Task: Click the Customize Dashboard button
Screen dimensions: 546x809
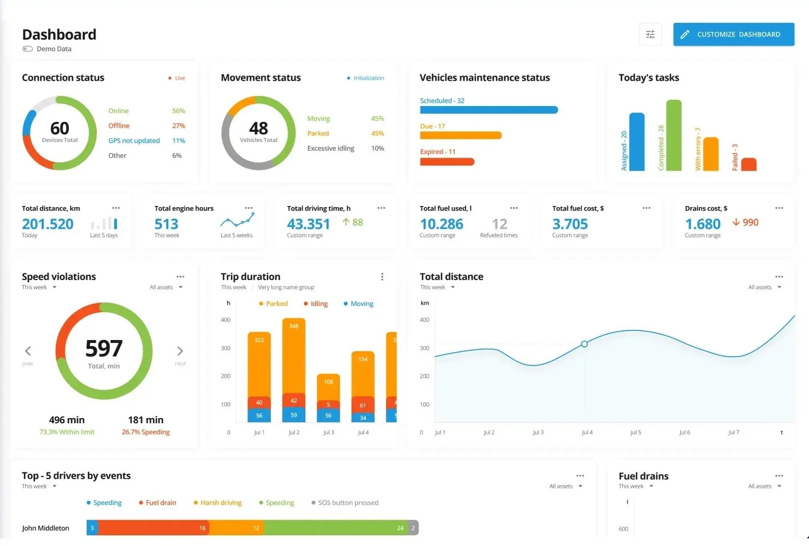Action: tap(733, 35)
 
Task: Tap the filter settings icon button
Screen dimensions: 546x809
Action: tap(650, 35)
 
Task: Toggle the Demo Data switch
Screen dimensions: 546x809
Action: tap(27, 49)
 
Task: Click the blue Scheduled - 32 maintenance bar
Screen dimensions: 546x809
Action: tap(488, 110)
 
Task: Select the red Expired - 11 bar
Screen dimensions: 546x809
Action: tap(446, 162)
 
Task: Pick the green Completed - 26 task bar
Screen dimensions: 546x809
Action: tap(674, 135)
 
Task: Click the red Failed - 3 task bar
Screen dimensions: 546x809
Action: tap(749, 164)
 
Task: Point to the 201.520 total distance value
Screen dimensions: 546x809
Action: tap(48, 224)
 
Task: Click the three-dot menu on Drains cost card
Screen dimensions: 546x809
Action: tap(779, 208)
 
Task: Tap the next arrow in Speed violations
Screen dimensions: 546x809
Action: tap(180, 351)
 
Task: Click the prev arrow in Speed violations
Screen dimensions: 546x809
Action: tap(28, 351)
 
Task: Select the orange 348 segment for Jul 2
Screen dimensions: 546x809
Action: tap(294, 355)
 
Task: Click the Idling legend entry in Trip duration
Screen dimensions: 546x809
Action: tap(315, 304)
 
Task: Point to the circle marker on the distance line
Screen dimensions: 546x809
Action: tap(584, 344)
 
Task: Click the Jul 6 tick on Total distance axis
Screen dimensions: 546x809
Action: tap(684, 432)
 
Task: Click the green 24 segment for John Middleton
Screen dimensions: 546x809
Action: tap(335, 528)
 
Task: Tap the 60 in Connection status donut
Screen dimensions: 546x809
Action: tap(59, 128)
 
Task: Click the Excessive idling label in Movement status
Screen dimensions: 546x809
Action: tap(331, 149)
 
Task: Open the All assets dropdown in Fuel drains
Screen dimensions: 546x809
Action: tap(764, 486)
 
